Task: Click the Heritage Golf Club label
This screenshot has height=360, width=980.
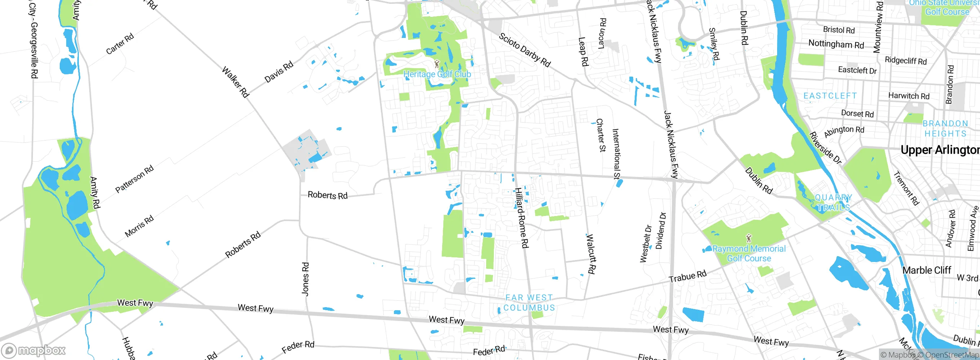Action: tap(437, 74)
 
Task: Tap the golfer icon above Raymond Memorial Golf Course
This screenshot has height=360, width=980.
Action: tap(749, 239)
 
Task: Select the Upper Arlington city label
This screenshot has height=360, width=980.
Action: tap(940, 150)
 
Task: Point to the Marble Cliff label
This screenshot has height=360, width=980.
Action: tap(926, 270)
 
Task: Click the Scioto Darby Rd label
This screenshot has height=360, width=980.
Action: tap(524, 50)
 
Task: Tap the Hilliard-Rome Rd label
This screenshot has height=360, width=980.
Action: tap(521, 218)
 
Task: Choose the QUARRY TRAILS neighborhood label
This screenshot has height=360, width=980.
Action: tap(833, 203)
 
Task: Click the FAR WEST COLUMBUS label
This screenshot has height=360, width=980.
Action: tap(529, 303)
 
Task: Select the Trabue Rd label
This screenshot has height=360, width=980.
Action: tap(688, 276)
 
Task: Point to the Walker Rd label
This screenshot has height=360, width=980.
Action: tap(235, 82)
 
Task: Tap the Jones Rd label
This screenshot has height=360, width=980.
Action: tap(305, 279)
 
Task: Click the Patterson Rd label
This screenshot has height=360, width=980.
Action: tap(134, 179)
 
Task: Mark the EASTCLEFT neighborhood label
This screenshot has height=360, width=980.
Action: tap(830, 96)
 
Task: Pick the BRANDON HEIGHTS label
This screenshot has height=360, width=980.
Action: tap(945, 129)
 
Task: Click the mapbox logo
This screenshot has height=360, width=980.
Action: tap(34, 350)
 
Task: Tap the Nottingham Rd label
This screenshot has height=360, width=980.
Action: tap(836, 44)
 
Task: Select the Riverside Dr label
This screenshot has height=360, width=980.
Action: tap(825, 148)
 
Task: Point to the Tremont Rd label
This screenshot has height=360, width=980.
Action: tap(906, 188)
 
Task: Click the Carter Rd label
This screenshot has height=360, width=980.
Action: tap(120, 44)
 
